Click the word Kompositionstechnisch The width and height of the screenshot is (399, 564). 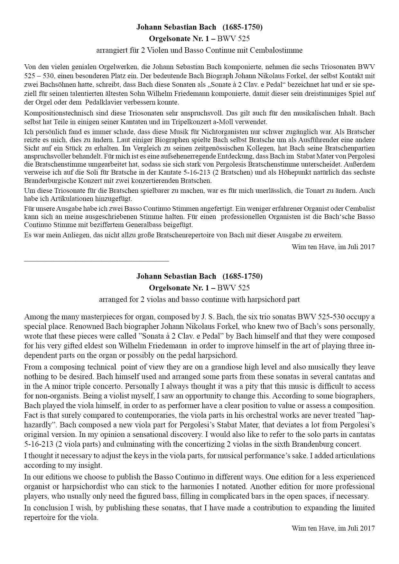pos(57,113)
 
